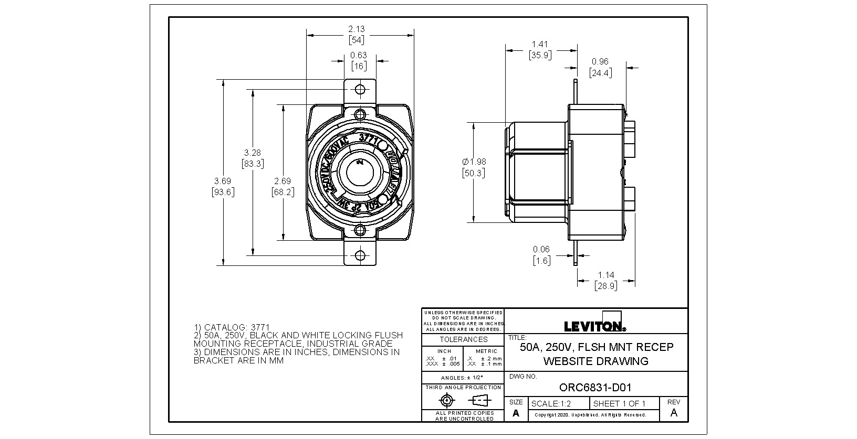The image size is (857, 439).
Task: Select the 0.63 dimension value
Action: click(359, 55)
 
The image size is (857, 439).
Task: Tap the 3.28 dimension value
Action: click(253, 153)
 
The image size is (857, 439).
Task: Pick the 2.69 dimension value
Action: click(283, 181)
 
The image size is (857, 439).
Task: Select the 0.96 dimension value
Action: click(600, 62)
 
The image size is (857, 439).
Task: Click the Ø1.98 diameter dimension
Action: click(473, 162)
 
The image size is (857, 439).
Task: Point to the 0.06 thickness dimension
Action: click(541, 249)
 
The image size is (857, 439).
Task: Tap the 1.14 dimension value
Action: click(606, 275)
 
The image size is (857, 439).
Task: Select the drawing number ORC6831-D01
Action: click(595, 388)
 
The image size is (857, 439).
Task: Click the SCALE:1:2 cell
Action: click(551, 404)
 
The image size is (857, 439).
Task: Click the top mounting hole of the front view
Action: click(360, 89)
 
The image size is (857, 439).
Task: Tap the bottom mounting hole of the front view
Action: click(360, 255)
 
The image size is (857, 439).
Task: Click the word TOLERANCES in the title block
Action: click(463, 339)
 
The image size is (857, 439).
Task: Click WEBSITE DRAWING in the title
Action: click(595, 361)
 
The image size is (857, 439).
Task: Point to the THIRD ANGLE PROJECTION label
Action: click(463, 388)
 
